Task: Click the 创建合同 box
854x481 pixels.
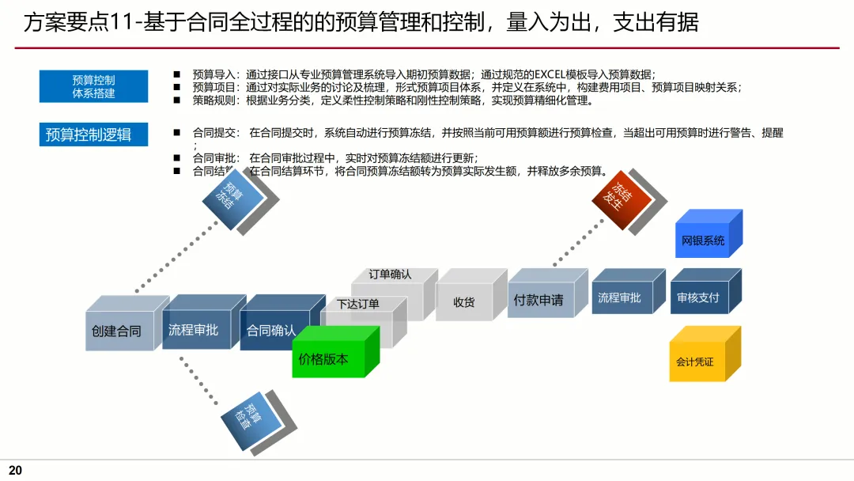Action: coord(116,331)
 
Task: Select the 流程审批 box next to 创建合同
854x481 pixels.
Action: coord(193,330)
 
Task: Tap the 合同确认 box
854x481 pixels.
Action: coord(271,331)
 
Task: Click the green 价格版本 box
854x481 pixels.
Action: coord(323,359)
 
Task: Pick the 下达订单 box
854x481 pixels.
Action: coord(358,305)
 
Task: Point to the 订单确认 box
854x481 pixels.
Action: coord(390,275)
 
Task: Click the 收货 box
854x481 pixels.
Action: coord(464,302)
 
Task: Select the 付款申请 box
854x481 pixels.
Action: coord(538,301)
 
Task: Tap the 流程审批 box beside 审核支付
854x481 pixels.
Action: coord(620,298)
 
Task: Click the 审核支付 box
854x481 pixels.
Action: coord(698,298)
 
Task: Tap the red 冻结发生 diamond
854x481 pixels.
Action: coord(622,199)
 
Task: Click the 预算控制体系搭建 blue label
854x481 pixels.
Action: coord(93,86)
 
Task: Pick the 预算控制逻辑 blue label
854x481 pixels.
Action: coord(89,134)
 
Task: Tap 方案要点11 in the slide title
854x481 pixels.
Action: coord(78,23)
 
